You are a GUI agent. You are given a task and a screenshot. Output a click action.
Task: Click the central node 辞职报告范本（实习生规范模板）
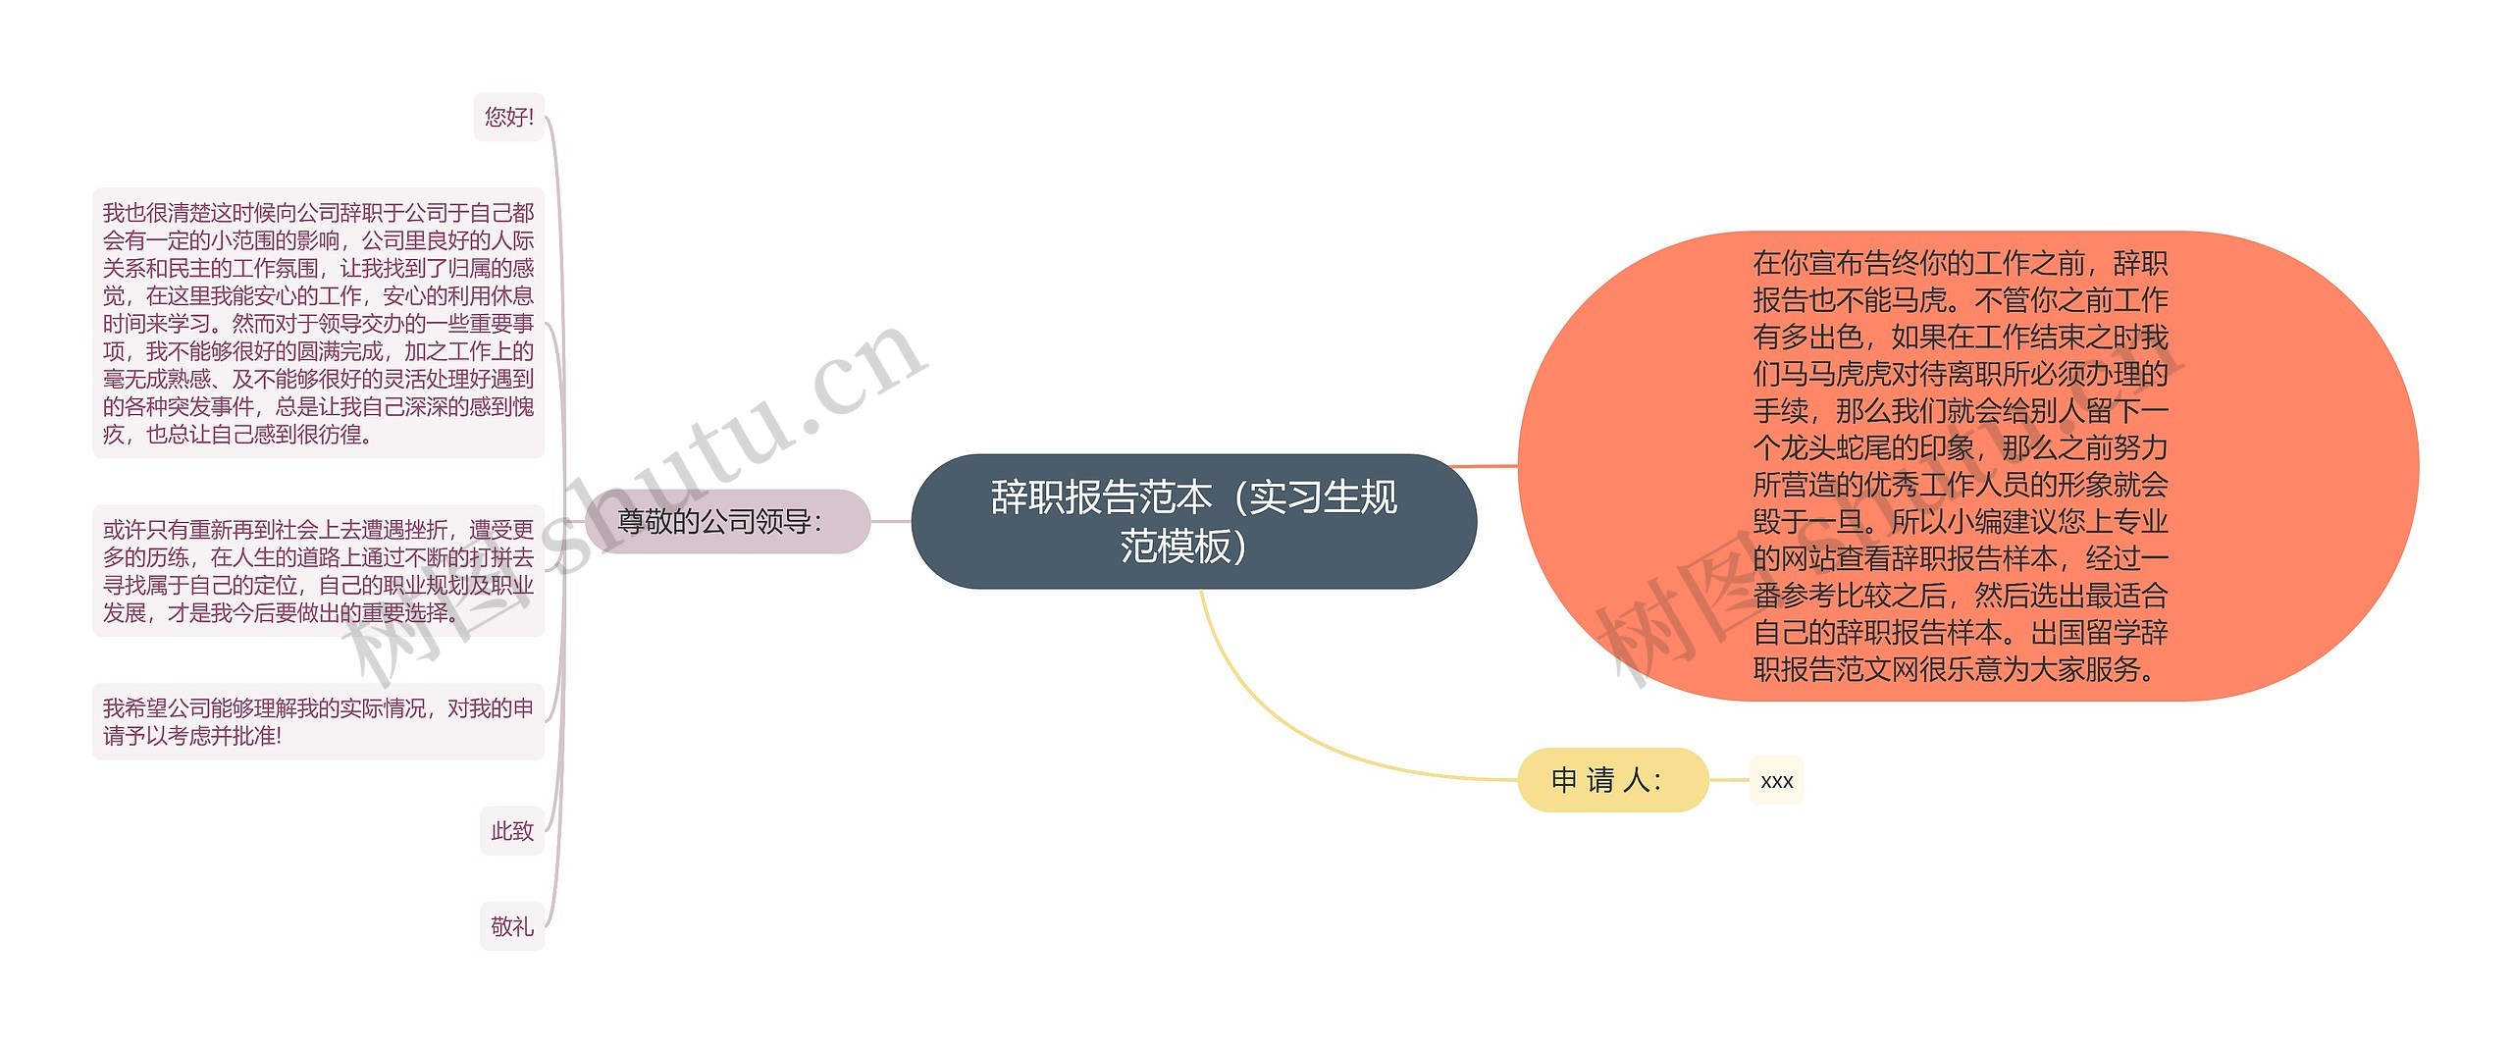(x=1193, y=521)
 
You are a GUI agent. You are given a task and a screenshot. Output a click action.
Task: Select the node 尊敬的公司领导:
(x=727, y=521)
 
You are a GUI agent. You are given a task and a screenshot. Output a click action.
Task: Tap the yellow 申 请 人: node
(x=1612, y=780)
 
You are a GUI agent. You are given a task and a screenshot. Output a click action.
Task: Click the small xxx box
(x=1776, y=781)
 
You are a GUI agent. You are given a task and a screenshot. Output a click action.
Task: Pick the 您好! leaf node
(x=508, y=118)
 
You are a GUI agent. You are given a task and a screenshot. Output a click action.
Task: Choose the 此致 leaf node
(x=512, y=831)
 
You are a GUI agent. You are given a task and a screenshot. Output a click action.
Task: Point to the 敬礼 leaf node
(x=512, y=926)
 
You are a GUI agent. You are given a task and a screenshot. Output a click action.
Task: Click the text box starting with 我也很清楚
(x=318, y=323)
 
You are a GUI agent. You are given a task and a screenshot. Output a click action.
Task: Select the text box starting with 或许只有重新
(x=318, y=571)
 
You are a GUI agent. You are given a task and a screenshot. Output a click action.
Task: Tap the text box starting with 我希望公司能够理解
(x=318, y=721)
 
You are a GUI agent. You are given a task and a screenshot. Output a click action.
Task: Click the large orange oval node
(x=1967, y=466)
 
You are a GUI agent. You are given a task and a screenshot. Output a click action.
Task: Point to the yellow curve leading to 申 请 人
(x=1276, y=726)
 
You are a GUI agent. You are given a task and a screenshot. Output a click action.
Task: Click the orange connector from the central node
(x=1482, y=466)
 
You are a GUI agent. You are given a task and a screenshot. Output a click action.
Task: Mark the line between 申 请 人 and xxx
(x=1729, y=781)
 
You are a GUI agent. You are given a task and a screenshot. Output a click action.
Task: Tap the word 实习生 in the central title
(x=1305, y=497)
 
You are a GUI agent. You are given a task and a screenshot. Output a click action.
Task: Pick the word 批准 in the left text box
(x=255, y=736)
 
